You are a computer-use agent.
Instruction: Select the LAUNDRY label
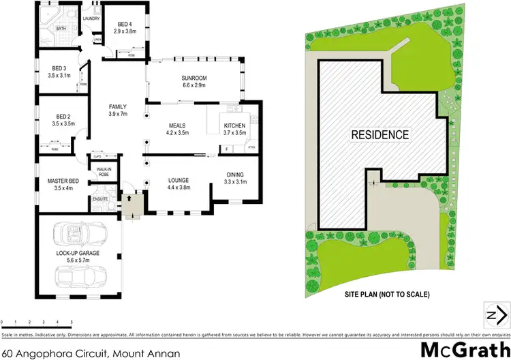[91, 18]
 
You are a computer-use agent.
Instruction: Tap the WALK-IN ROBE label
[104, 171]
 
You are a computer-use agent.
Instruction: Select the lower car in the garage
[80, 278]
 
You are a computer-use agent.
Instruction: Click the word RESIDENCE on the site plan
[380, 134]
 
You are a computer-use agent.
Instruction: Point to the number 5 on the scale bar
[72, 321]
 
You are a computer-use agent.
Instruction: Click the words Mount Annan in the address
[153, 335]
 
